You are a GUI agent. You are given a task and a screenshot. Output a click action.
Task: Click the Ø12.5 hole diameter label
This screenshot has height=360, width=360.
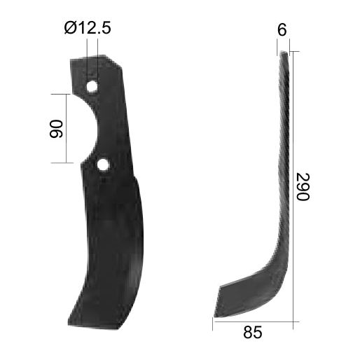point(88,29)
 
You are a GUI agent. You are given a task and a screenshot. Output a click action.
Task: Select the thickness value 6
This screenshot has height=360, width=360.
point(282,29)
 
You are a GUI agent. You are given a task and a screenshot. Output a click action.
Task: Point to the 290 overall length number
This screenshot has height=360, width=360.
point(302,187)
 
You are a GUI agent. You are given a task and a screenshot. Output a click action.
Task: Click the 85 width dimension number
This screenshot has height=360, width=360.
point(254,333)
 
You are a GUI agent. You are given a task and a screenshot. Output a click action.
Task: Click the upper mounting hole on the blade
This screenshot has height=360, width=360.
point(92,85)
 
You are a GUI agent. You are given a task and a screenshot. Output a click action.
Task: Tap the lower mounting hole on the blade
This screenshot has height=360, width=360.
point(103,165)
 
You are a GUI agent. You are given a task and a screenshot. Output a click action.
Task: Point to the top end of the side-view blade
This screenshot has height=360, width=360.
point(284,55)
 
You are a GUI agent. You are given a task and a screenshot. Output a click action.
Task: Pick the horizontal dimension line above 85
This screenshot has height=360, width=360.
point(254,321)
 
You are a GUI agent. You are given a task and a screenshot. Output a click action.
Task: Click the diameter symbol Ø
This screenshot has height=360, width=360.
point(69,29)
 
